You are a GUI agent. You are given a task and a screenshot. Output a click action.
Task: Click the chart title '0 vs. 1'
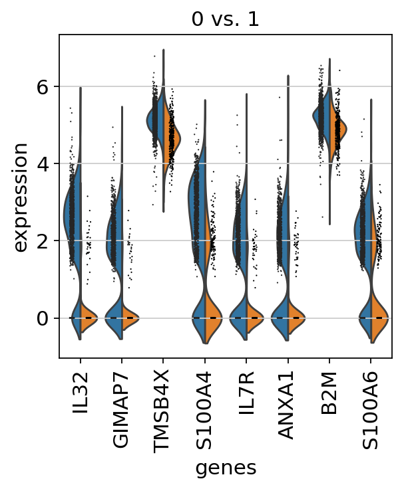coord(225,19)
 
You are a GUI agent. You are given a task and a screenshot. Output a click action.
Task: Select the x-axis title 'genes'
coord(225,467)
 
